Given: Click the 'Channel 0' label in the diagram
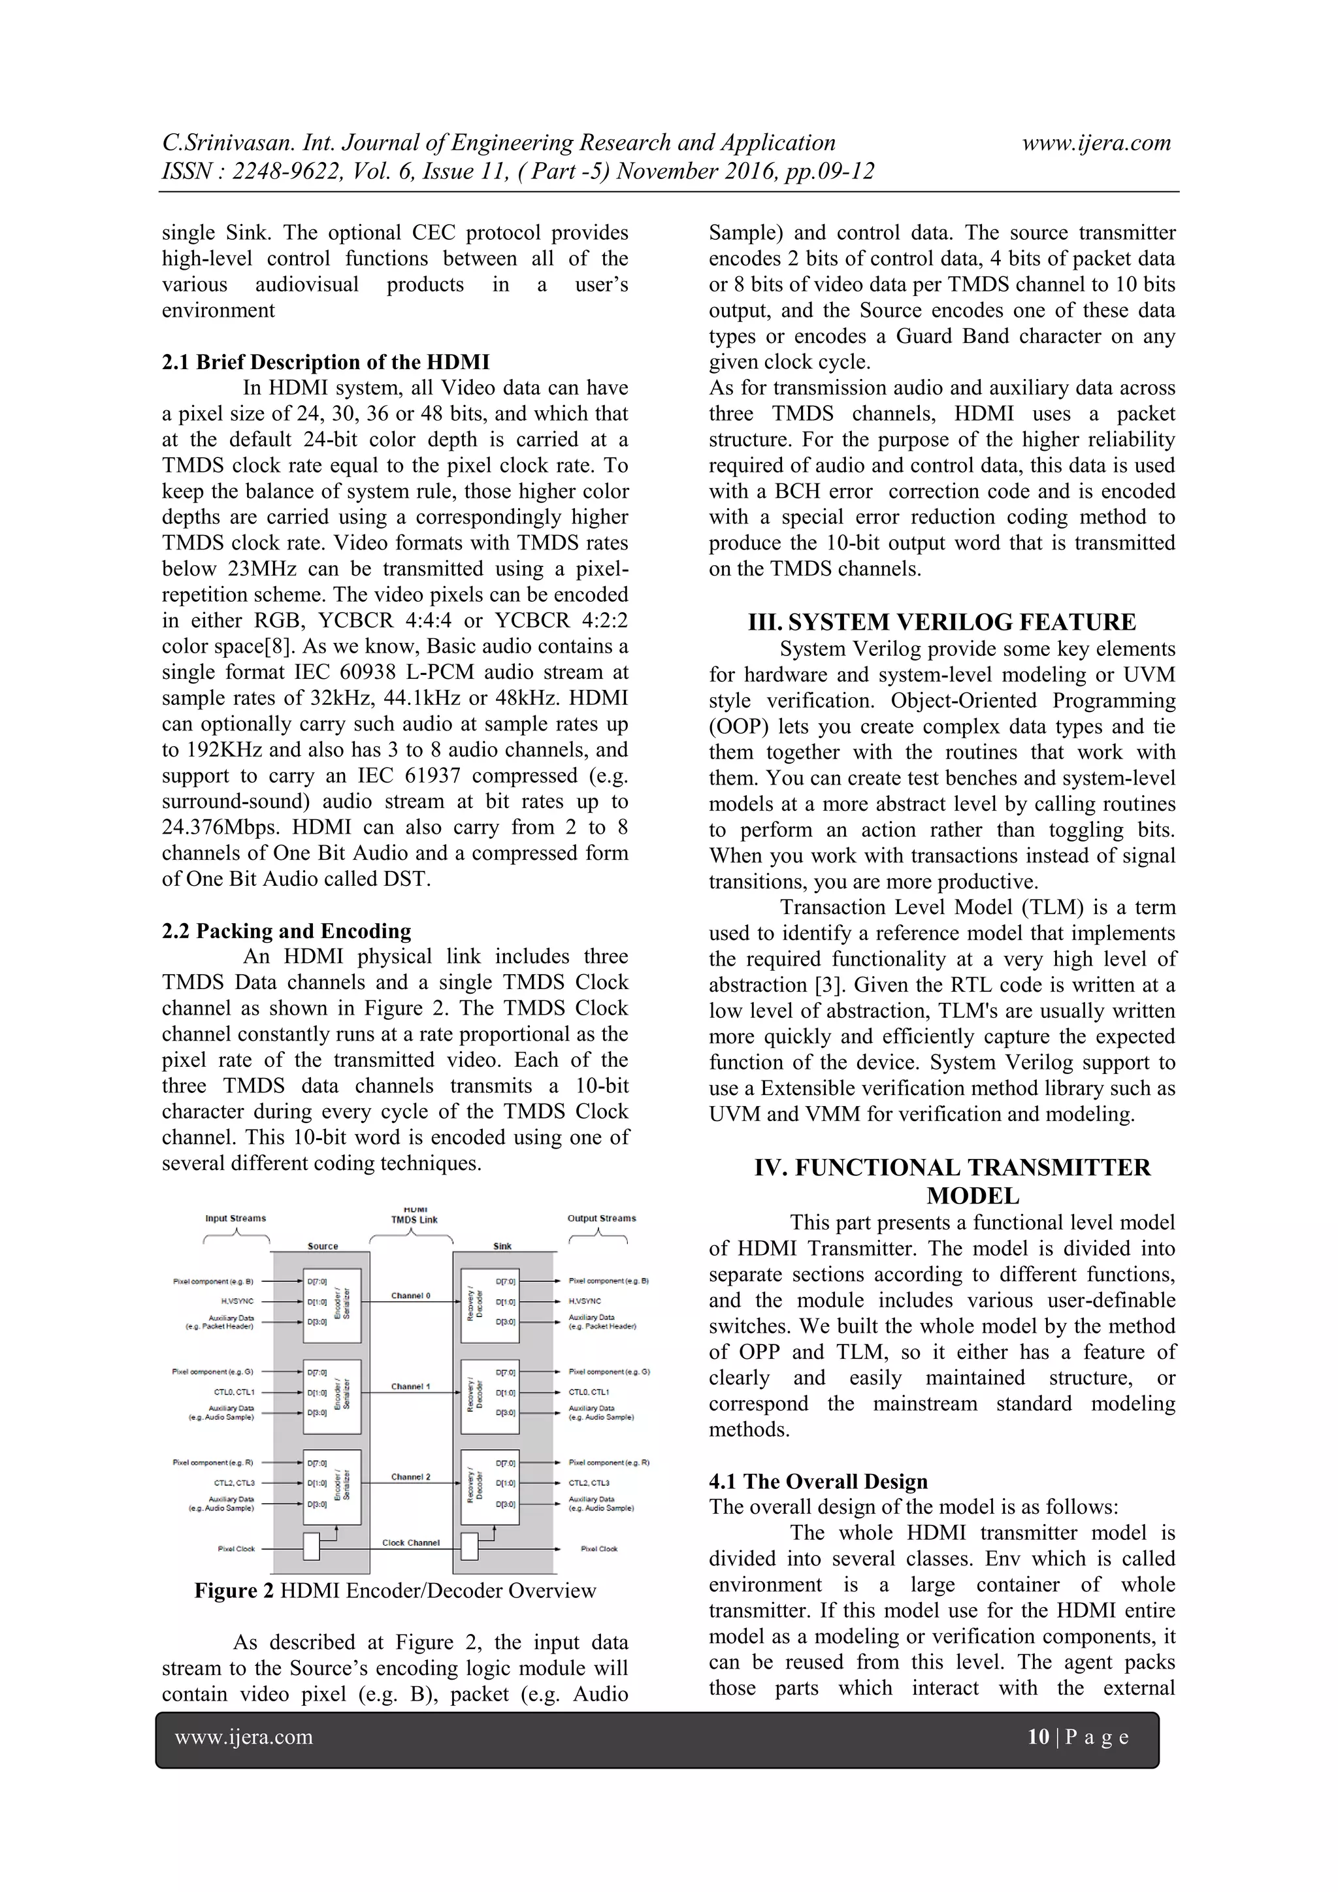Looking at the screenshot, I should point(410,1296).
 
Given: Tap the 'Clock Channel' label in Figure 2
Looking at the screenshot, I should point(410,1542).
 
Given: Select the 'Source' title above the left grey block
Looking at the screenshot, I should point(322,1246).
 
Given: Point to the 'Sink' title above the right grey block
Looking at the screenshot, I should point(502,1246).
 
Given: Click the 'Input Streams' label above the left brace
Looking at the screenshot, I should point(236,1218).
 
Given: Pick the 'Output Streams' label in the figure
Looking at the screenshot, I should point(602,1218).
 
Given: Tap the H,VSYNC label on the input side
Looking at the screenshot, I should point(237,1301).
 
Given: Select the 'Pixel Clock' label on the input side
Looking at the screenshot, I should point(237,1548).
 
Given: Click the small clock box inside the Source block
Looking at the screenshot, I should point(312,1547).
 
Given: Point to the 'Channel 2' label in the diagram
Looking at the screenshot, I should point(410,1476).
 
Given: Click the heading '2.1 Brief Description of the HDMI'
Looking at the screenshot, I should point(325,363).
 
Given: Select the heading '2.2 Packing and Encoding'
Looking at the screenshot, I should point(286,931).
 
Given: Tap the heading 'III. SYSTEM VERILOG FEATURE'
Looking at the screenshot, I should point(941,622).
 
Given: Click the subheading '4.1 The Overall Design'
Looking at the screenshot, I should point(818,1482).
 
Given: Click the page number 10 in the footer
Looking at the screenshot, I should point(1038,1737).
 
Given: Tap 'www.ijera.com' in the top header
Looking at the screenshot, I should point(1097,142).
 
